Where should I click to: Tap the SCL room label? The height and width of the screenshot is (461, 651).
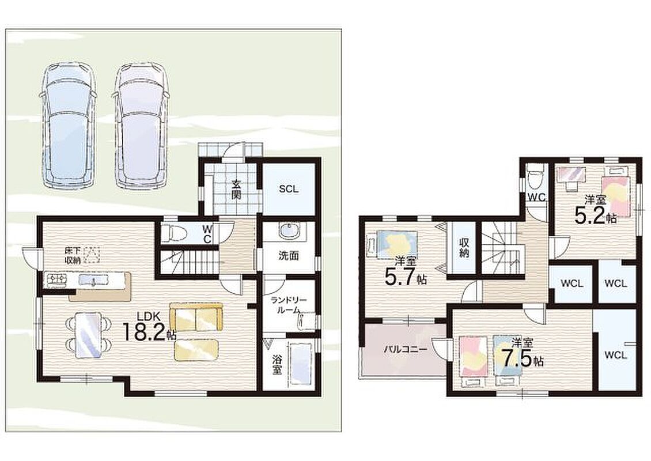tap(289, 189)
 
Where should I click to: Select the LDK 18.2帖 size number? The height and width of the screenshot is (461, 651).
tap(148, 331)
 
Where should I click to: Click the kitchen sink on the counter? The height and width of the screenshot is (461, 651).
tap(93, 280)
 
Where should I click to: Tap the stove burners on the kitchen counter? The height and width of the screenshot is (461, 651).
tap(57, 279)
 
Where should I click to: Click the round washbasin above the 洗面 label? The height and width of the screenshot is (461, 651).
tap(288, 231)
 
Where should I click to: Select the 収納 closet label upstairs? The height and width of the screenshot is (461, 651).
tap(464, 247)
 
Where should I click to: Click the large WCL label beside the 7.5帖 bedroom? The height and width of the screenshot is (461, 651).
tap(615, 355)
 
